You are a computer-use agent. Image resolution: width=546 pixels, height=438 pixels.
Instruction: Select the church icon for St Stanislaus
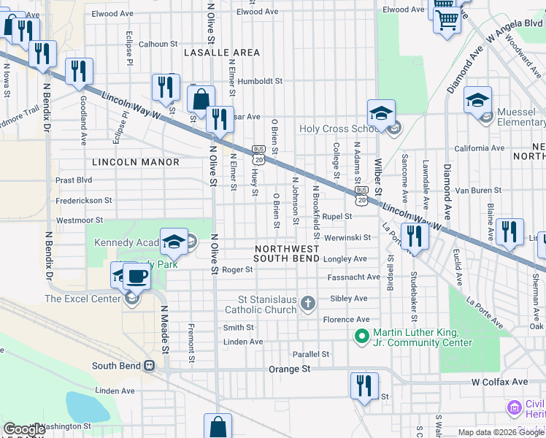pos(308,303)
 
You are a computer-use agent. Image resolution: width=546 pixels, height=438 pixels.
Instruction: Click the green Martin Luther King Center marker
pos(361,337)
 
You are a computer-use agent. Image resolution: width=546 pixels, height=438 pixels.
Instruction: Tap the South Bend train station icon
pos(149,366)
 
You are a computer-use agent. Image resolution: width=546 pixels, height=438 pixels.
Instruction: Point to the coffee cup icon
pos(136,276)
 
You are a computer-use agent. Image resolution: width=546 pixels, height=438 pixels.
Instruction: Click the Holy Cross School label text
pos(335,129)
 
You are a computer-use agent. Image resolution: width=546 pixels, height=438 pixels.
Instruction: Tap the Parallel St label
pos(311,354)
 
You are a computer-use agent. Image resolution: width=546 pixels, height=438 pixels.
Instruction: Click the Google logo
pos(24,429)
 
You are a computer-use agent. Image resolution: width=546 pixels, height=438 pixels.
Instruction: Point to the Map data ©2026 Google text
pos(501,432)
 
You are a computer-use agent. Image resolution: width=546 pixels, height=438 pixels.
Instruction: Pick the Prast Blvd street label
pos(74,180)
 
